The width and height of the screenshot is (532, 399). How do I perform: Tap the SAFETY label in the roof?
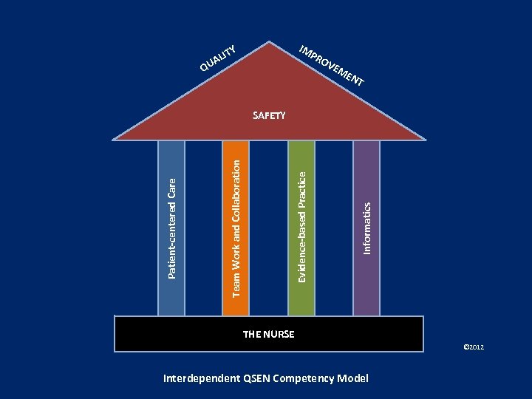[269, 115]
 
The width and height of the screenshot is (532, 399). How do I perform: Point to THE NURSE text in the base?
[269, 334]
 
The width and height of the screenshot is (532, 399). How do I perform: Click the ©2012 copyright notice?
[473, 347]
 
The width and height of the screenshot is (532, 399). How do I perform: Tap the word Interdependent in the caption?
[200, 379]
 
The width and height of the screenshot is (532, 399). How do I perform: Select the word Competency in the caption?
[304, 379]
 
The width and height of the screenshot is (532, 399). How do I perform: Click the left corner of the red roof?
[116, 137]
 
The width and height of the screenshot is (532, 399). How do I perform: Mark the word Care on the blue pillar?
[171, 189]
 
